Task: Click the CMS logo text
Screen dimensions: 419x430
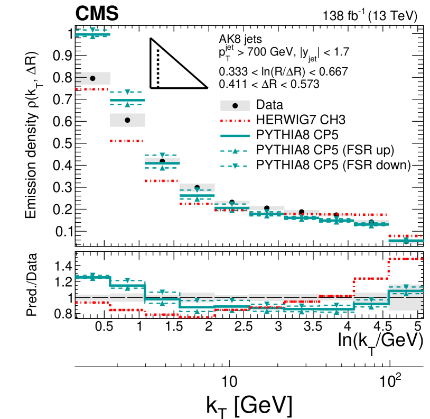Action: click(97, 15)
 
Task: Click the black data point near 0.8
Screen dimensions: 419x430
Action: click(92, 78)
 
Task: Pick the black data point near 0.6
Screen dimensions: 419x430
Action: click(127, 120)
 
